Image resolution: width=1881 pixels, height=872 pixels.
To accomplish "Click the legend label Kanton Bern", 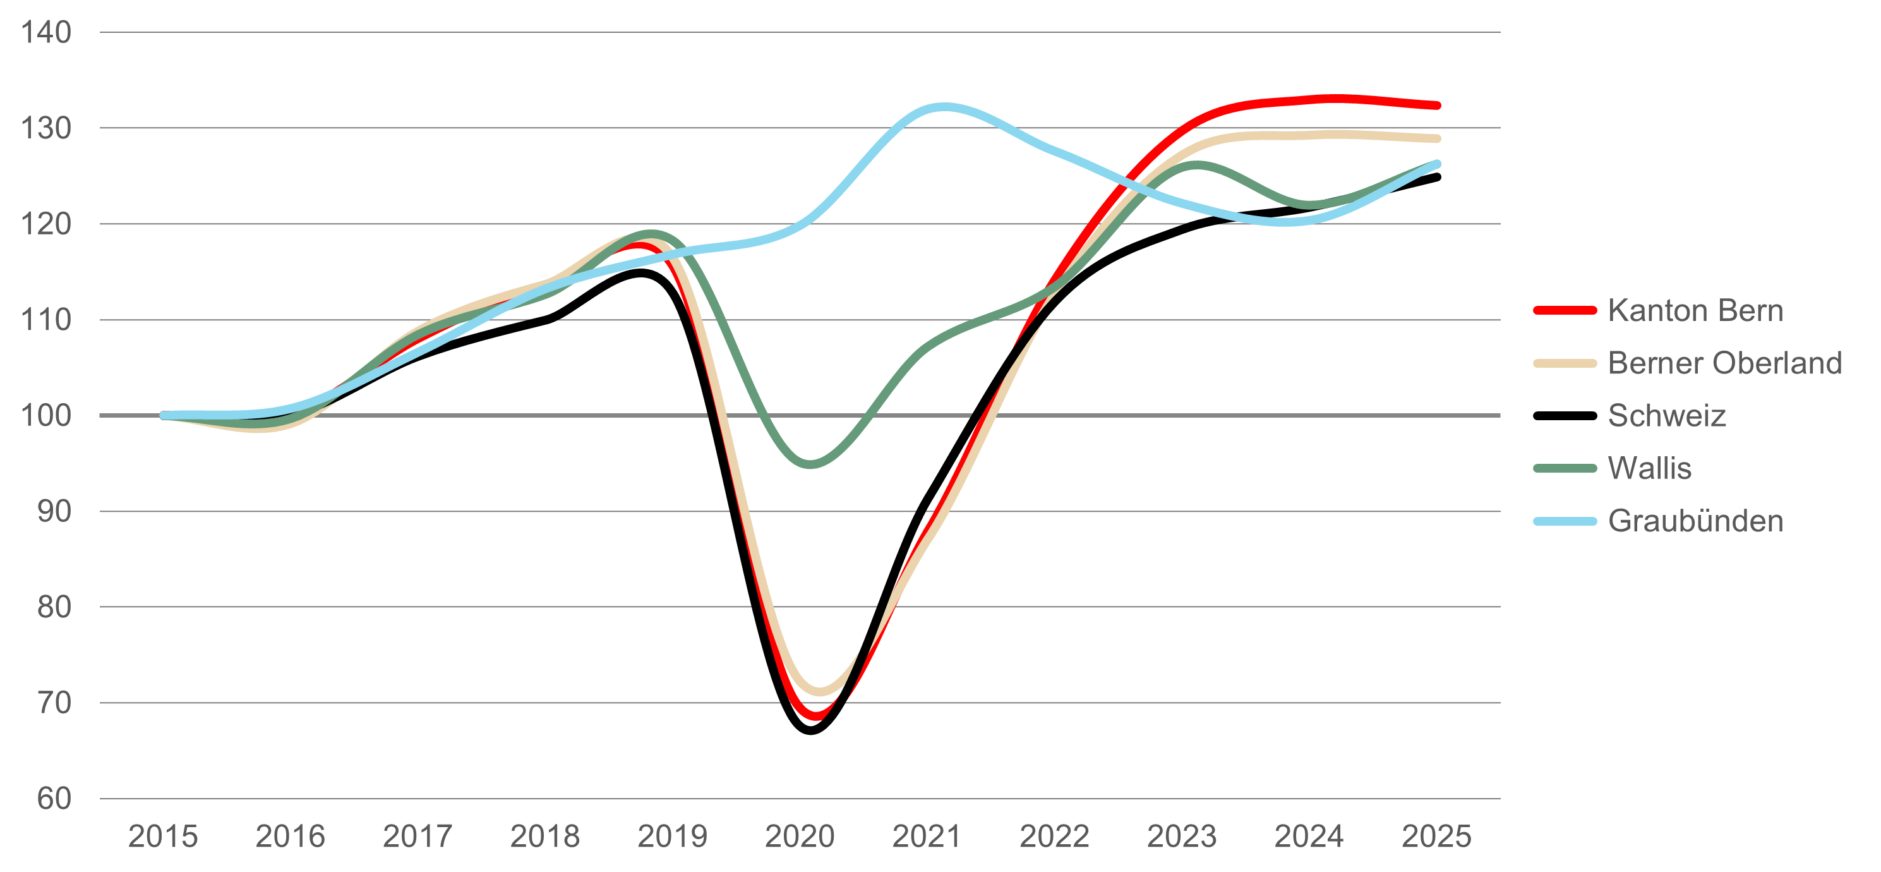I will pos(1695,311).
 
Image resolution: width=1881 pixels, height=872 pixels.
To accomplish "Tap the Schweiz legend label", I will pos(1666,416).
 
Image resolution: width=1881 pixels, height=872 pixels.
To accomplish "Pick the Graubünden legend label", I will pos(1695,521).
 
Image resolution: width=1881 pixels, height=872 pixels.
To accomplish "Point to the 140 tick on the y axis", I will pos(46,33).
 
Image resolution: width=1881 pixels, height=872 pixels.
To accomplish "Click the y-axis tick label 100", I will pos(46,416).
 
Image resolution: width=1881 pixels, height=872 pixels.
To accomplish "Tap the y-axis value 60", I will pos(54,799).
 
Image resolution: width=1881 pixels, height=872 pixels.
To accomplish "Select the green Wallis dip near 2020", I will pos(811,464).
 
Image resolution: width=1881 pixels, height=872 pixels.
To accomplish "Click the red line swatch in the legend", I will pos(1565,311).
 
